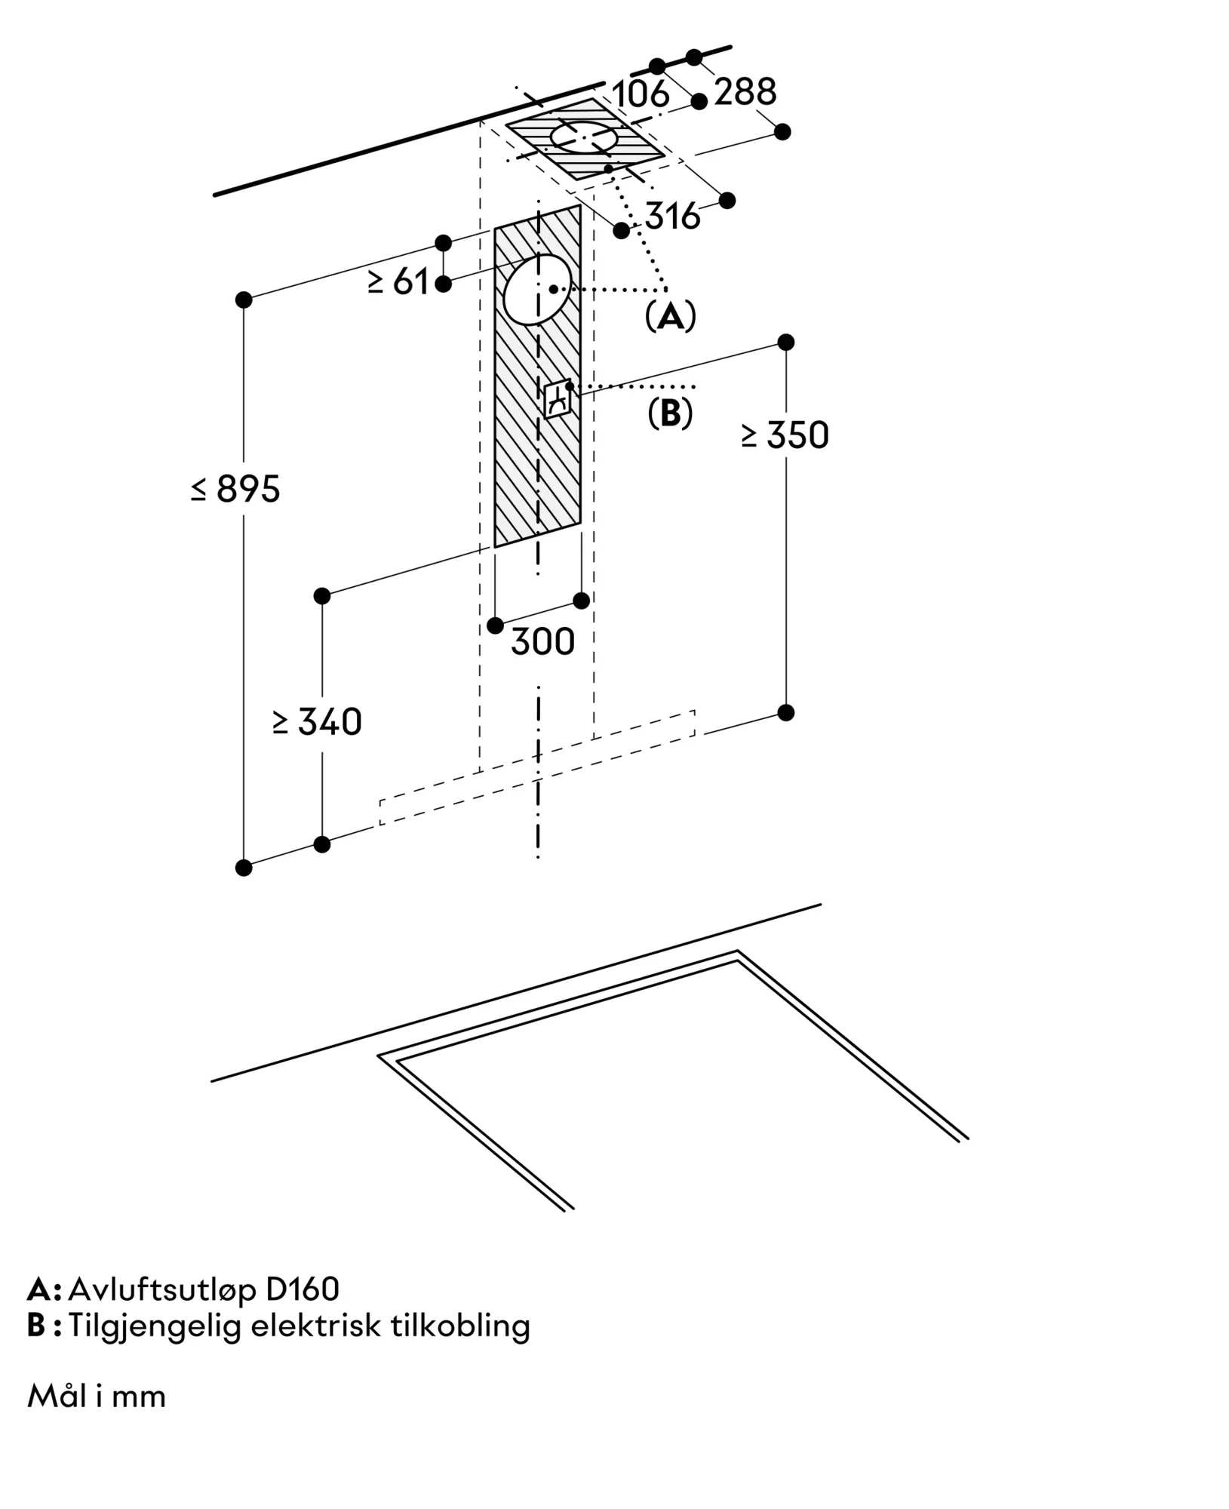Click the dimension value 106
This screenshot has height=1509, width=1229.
coord(641,94)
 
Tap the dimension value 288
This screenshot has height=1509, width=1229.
coord(745,92)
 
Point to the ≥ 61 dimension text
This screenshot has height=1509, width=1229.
coord(398,282)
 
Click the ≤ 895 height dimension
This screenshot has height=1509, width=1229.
coord(236,489)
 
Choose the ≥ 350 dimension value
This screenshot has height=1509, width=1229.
coord(785,435)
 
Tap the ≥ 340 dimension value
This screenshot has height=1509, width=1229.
coord(318,722)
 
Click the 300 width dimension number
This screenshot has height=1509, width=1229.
coord(542,642)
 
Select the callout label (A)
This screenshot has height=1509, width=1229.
coord(670,317)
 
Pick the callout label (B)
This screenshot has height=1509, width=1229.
coord(670,413)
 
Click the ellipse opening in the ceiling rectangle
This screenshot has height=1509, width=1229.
coord(584,139)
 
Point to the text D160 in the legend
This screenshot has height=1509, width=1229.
coord(303,1289)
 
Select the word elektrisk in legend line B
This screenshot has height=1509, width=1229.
coord(316,1326)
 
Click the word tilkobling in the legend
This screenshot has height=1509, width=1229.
coord(460,1326)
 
